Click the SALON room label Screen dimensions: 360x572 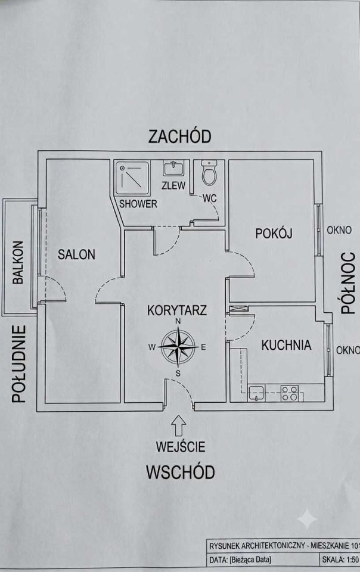(x=76, y=254)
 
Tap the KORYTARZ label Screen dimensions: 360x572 (x=177, y=310)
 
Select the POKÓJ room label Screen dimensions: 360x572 (x=274, y=233)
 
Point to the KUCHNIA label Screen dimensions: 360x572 (x=286, y=345)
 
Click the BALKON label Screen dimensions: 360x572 (x=18, y=262)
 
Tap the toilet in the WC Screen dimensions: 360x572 (x=209, y=173)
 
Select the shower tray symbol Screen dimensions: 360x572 (x=132, y=178)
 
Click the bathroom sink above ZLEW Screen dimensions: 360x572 (x=173, y=168)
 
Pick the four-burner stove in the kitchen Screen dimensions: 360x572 (x=290, y=393)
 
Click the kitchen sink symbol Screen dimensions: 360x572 (x=257, y=394)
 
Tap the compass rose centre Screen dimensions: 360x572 (x=178, y=347)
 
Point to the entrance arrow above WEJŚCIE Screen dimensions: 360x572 (x=178, y=425)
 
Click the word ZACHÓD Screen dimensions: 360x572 (x=180, y=136)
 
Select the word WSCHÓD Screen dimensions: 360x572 (x=180, y=472)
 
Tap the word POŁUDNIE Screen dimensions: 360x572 (x=19, y=364)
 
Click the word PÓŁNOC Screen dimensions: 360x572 (x=348, y=283)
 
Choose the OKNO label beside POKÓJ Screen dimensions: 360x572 (x=339, y=230)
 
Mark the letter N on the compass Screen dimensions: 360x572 (x=178, y=321)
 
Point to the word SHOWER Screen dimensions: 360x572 (x=138, y=204)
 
